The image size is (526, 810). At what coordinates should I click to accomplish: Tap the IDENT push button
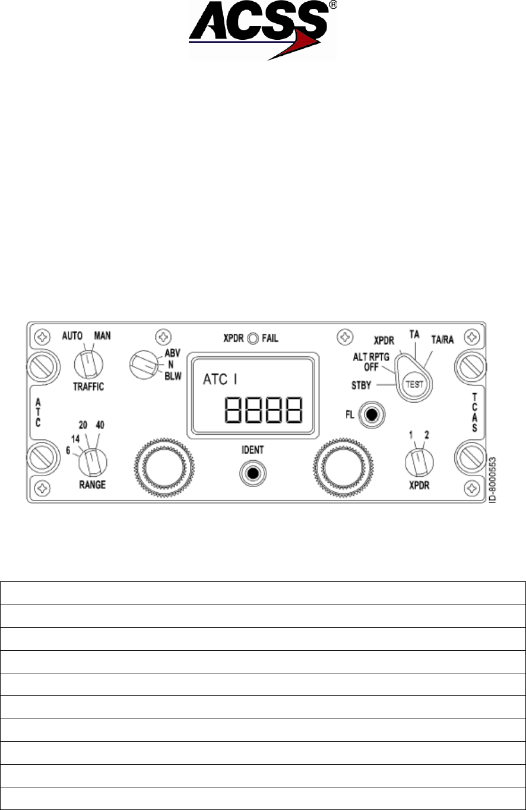[252, 473]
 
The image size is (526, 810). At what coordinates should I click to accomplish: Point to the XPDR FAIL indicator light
[254, 339]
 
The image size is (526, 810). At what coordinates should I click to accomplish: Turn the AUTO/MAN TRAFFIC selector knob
[87, 361]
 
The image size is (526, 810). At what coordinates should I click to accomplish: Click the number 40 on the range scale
[100, 425]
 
